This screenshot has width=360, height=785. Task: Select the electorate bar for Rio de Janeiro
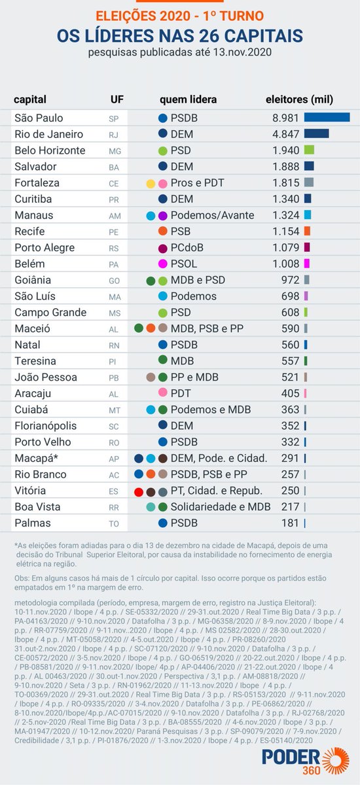(x=316, y=134)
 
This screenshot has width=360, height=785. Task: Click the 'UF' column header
(x=115, y=99)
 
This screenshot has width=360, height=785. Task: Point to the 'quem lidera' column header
(x=188, y=99)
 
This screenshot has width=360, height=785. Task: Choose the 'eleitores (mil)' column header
(x=298, y=99)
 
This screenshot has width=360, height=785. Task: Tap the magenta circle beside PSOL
(x=163, y=264)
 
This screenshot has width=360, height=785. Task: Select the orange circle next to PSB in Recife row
(x=163, y=232)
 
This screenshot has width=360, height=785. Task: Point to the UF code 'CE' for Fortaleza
(x=114, y=183)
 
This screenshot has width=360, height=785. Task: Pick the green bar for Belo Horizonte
(x=309, y=150)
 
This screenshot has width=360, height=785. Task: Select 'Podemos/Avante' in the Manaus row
(x=209, y=215)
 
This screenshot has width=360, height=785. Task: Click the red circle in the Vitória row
(x=138, y=491)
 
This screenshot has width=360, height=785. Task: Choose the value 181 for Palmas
(x=289, y=523)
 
